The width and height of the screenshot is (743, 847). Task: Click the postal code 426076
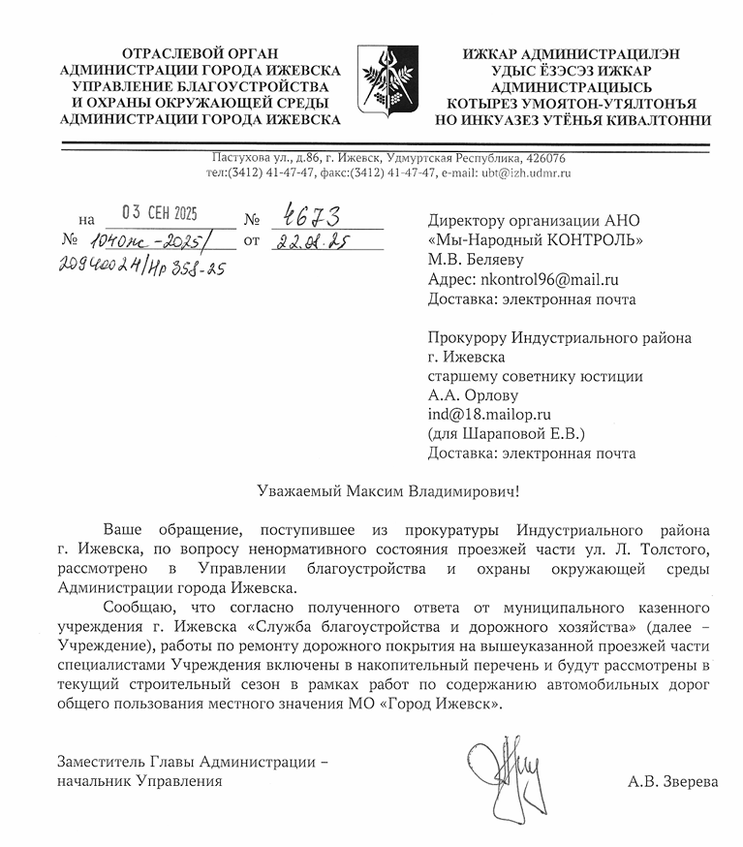pos(546,158)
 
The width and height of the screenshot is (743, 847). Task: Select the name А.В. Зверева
pos(672,780)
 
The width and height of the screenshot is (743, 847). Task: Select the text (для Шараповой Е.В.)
pos(506,433)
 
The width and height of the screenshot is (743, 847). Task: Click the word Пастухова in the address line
pos(239,158)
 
